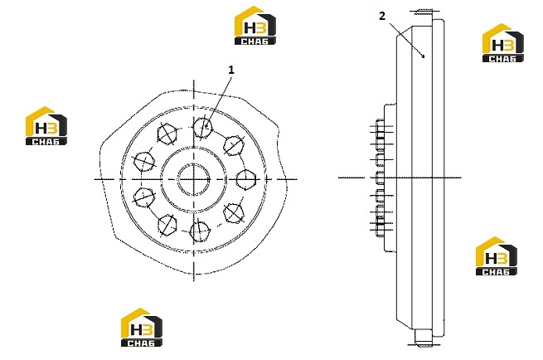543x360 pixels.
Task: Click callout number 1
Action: tap(231, 70)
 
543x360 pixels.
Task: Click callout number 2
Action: tap(382, 16)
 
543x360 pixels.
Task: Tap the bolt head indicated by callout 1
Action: tap(202, 127)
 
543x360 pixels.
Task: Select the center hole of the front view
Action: tap(194, 179)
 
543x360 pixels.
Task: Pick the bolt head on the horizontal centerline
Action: tap(246, 179)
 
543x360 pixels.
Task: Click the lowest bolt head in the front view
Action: tap(200, 231)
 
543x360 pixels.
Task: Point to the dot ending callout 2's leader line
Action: tap(424, 56)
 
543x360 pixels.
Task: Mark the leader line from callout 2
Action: tap(406, 39)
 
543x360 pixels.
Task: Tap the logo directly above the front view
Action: tap(255, 25)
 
